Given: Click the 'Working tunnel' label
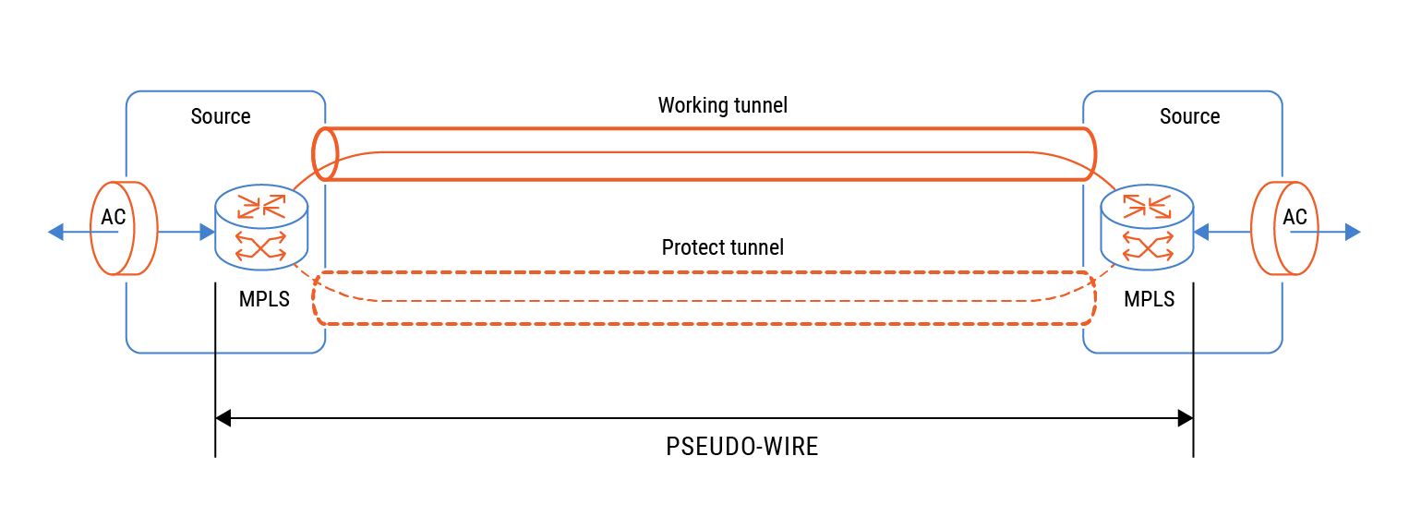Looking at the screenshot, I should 722,105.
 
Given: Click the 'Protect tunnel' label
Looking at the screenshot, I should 722,247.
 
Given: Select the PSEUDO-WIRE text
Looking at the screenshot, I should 741,447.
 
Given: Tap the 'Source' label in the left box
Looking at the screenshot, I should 221,116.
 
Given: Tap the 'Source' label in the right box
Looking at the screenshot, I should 1189,116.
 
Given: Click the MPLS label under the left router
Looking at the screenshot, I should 264,299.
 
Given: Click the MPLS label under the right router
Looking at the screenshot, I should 1150,299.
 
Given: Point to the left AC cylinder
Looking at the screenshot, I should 124,228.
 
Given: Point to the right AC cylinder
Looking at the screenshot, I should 1286,228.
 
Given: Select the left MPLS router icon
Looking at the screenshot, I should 261,227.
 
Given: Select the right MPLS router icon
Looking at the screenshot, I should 1147,227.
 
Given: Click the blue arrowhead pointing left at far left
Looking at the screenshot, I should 55,232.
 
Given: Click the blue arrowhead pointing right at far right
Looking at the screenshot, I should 1353,232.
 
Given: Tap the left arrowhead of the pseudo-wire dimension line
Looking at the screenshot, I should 223,419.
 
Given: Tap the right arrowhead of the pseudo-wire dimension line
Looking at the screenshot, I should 1186,419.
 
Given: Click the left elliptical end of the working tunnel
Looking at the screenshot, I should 324,153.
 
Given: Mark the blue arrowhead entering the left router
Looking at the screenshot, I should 207,232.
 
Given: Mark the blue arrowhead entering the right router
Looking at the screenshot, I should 1201,232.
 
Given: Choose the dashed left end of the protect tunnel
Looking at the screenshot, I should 318,298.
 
